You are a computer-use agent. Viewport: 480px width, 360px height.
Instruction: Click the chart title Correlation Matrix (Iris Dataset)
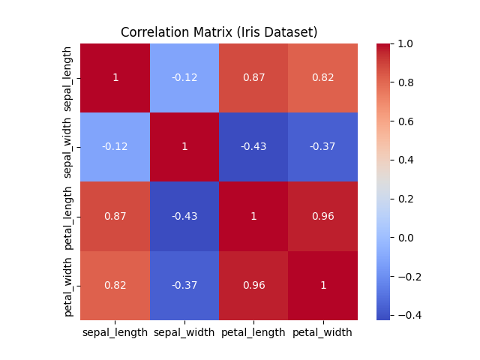click(219, 32)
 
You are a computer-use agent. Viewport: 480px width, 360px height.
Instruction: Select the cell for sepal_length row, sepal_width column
click(184, 77)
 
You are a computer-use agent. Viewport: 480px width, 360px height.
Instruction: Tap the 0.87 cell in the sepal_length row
click(253, 77)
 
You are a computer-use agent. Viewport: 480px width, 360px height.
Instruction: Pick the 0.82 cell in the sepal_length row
click(322, 77)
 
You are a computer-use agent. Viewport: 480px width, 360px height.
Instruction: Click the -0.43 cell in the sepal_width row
click(253, 147)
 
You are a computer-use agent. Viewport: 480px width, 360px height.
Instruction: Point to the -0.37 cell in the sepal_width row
click(322, 147)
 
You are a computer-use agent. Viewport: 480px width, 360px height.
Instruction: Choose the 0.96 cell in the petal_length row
click(322, 216)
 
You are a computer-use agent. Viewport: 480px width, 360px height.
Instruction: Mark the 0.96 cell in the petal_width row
click(253, 285)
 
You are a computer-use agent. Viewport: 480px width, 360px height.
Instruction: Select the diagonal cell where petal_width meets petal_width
click(322, 285)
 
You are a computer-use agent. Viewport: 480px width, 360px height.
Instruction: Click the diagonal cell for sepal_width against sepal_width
click(184, 147)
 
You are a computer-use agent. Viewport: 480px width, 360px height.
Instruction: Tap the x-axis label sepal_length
click(115, 332)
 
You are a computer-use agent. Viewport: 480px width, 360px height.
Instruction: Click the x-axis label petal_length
click(253, 332)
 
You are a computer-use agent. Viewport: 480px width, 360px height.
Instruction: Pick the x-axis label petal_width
click(322, 332)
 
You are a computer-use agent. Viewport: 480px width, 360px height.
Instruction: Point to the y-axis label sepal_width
click(68, 147)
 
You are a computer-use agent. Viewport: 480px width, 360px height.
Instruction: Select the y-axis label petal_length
click(68, 216)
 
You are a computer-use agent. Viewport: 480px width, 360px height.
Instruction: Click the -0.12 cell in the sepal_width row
click(115, 147)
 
